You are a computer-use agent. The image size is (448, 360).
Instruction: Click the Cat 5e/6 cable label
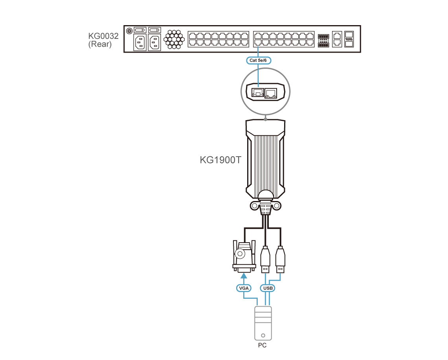point(258,60)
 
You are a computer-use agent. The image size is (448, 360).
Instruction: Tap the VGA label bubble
point(244,288)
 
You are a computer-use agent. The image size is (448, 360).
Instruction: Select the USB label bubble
point(268,288)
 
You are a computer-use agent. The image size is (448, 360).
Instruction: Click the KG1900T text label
point(220,160)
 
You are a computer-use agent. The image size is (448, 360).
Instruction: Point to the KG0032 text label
point(103,36)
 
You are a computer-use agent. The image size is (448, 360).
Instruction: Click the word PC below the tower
point(262,345)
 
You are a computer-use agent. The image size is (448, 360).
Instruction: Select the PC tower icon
point(263,323)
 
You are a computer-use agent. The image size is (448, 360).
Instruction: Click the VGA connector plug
point(244,256)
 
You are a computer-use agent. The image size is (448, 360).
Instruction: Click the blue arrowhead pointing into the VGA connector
point(244,276)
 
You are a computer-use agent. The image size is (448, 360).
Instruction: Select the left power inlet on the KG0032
point(140,43)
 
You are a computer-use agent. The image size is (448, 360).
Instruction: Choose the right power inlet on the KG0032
point(154,43)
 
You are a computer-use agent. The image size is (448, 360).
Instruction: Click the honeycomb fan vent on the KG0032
point(174,39)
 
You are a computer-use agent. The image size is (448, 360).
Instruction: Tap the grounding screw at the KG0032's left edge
point(129,30)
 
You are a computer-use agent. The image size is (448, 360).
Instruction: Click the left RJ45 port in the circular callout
point(257,93)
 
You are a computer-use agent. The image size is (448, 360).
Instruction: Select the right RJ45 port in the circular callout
point(271,93)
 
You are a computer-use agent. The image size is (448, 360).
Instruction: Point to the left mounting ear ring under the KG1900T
point(254,206)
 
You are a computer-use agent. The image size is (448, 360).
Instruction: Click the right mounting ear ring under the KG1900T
point(277,206)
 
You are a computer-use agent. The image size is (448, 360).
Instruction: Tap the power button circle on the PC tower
point(263,335)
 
